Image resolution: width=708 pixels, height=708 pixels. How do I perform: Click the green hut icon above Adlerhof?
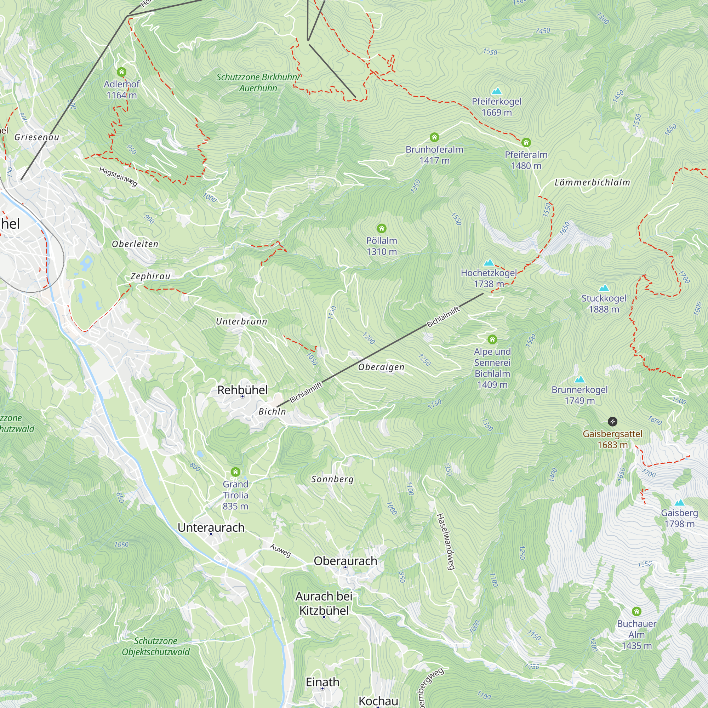tap(121, 72)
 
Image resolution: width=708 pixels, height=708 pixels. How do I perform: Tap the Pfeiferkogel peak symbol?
tap(497, 91)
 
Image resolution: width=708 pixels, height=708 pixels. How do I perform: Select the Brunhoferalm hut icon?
tap(434, 137)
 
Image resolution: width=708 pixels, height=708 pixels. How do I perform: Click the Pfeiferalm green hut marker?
tap(526, 142)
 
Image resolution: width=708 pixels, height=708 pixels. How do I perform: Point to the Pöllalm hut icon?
tap(382, 229)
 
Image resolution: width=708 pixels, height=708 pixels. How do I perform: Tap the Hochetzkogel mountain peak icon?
tap(489, 262)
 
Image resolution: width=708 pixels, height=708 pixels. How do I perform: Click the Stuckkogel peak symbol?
tap(604, 288)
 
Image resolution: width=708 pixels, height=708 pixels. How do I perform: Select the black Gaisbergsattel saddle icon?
tap(612, 422)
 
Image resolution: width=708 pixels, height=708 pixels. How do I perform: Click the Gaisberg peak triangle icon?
tap(679, 502)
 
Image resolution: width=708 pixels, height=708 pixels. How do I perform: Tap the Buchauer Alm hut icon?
tap(636, 611)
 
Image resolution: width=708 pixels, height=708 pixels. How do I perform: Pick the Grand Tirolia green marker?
tap(235, 472)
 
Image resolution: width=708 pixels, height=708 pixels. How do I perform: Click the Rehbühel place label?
tap(242, 390)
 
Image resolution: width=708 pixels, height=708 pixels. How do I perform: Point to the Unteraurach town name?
tap(211, 528)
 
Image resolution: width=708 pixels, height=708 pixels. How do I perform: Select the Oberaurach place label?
tap(345, 561)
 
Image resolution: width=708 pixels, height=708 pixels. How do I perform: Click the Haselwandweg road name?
tap(445, 542)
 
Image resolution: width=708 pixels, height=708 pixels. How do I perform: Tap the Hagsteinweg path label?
tap(118, 176)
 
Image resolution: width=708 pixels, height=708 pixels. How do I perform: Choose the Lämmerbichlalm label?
tap(592, 183)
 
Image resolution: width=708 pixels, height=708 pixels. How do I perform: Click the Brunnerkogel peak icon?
tap(579, 379)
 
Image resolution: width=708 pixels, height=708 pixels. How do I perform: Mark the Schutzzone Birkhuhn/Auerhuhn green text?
tap(258, 82)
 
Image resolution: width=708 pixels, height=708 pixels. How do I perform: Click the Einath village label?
tap(322, 682)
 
